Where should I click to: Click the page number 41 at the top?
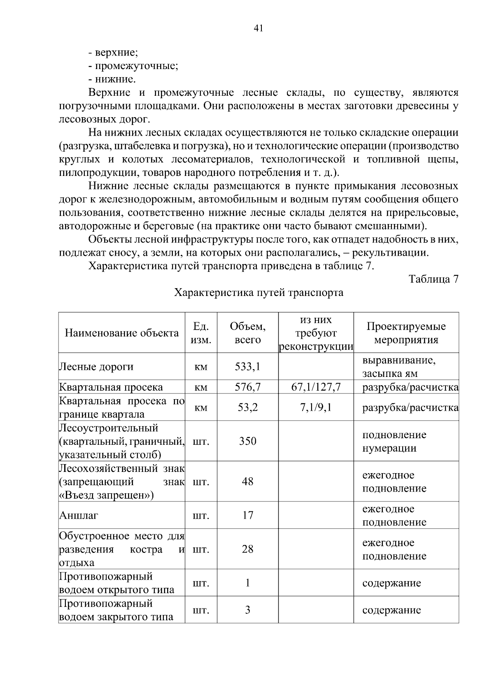coord(259,28)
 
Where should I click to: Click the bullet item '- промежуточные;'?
coord(133,66)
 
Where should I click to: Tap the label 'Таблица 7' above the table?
coord(433,279)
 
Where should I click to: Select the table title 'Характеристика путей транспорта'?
coord(259,293)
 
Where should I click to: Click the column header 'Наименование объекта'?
coord(122,333)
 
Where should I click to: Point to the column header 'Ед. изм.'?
coord(201,333)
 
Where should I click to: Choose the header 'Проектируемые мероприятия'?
coord(406,333)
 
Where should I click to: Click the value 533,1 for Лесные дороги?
coord(247,366)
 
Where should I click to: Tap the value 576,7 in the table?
coord(247,387)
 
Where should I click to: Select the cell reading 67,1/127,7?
coord(316,387)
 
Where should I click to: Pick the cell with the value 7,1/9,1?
coord(316,408)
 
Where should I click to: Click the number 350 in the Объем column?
coord(247,441)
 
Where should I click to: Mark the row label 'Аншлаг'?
coord(79,515)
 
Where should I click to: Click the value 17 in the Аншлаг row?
coord(247,515)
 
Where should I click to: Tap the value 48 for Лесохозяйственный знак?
coord(247,482)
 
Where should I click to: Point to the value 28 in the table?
coord(247,549)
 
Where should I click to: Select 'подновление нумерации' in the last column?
coord(394,441)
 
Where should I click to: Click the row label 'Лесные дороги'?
coord(96,367)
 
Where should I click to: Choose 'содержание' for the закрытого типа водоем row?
coord(391,610)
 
